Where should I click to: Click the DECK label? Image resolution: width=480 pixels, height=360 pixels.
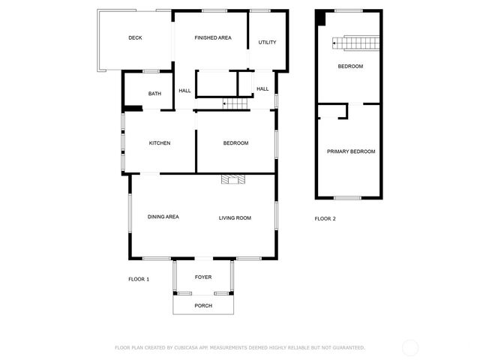click(x=135, y=38)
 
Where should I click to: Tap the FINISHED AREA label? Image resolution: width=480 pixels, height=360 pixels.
click(x=213, y=38)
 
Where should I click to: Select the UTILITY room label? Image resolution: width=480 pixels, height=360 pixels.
click(x=268, y=43)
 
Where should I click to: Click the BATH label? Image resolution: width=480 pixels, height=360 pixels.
click(x=154, y=94)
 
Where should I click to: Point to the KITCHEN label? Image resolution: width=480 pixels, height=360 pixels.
click(x=160, y=143)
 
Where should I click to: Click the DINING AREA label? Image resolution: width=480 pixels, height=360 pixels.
click(x=163, y=217)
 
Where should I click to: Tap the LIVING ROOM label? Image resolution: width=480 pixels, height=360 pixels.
click(x=235, y=218)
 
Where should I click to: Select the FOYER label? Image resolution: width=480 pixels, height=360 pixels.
click(x=203, y=277)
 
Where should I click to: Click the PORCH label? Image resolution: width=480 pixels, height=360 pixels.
click(x=203, y=306)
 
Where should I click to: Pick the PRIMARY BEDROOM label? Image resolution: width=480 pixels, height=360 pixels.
click(x=351, y=151)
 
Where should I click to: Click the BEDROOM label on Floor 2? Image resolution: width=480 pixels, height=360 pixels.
click(x=350, y=67)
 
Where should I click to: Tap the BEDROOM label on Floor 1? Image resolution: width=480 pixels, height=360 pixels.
click(x=235, y=143)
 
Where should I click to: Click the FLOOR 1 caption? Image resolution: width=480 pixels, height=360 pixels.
click(x=139, y=279)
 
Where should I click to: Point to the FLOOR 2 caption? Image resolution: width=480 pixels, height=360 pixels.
click(x=325, y=219)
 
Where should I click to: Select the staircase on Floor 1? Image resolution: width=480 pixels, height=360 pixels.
click(x=236, y=103)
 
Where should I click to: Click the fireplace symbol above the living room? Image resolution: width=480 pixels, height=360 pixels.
click(x=233, y=179)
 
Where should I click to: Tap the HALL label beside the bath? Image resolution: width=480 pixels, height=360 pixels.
click(x=184, y=91)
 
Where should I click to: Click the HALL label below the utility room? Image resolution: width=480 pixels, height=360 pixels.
click(x=262, y=89)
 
